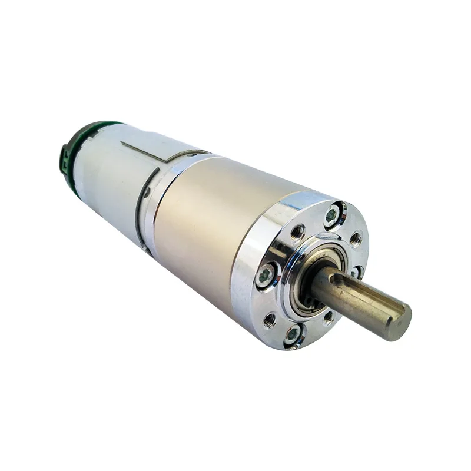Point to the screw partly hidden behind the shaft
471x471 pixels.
point(357,272)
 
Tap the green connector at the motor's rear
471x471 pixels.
point(65,154)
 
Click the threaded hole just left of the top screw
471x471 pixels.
point(298,233)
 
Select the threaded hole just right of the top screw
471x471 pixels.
point(355,239)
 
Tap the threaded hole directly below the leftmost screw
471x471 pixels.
point(269,320)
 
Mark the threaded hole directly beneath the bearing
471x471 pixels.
point(328,317)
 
